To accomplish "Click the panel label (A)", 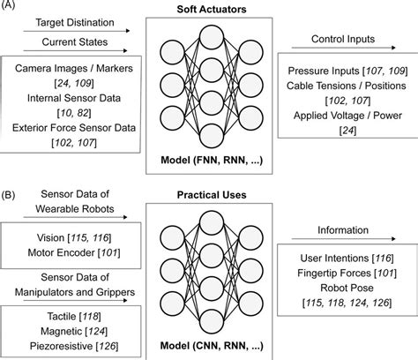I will [10, 9].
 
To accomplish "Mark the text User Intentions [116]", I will [345, 258].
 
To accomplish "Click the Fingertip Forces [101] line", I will [345, 273].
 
